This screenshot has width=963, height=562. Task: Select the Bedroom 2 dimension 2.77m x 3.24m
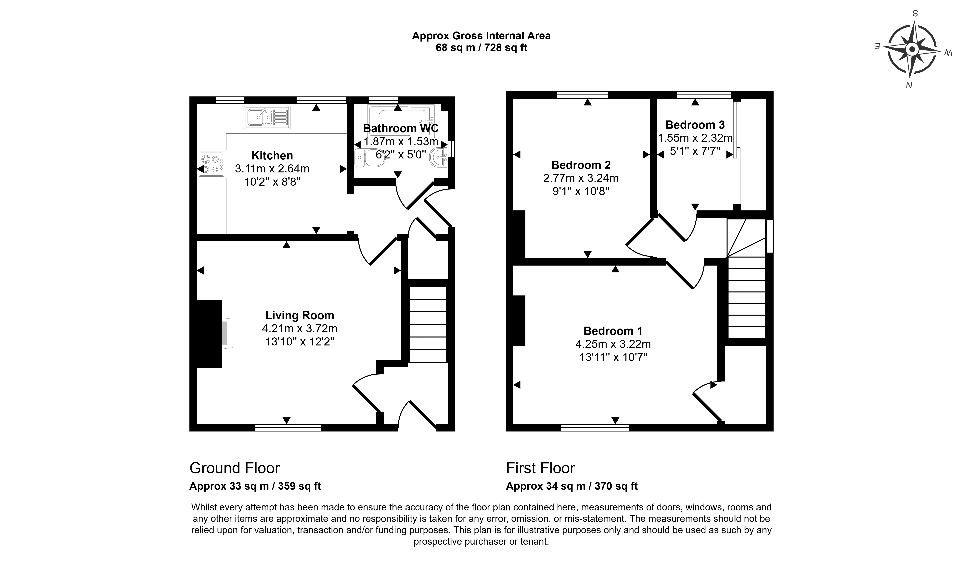[581, 178]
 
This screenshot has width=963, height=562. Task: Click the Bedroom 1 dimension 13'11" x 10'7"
[613, 357]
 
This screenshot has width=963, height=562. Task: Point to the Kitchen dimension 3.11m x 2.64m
[272, 169]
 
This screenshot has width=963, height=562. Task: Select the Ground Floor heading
[235, 468]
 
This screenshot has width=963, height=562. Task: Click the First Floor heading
[540, 468]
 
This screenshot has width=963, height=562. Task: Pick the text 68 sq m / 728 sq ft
[481, 48]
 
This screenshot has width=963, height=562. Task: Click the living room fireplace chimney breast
[209, 333]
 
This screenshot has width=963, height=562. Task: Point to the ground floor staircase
[428, 324]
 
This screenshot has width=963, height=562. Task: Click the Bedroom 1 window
[595, 428]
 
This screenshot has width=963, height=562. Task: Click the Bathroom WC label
[401, 128]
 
